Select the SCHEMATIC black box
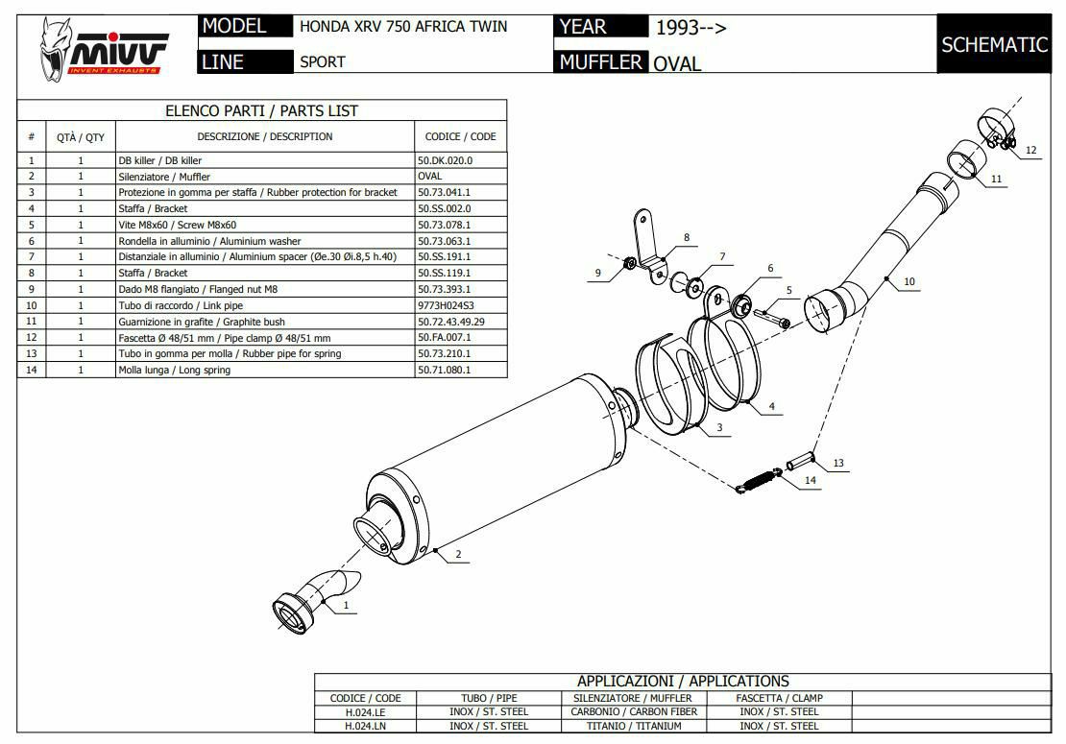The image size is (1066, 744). (x=993, y=44)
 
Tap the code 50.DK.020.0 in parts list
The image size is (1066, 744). (x=445, y=160)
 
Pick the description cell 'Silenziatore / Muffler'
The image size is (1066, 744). (x=164, y=177)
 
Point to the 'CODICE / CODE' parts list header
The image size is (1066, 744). (x=460, y=136)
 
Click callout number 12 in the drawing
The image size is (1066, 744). (x=1031, y=150)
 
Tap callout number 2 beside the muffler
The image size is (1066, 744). (x=458, y=554)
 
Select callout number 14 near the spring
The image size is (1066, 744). (x=810, y=479)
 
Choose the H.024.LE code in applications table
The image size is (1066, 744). (x=366, y=712)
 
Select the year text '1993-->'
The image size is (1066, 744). (x=691, y=27)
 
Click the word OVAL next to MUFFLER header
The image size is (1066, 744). (x=677, y=64)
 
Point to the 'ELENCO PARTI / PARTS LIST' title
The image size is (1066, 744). (x=261, y=110)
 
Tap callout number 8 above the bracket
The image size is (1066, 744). (x=687, y=236)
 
